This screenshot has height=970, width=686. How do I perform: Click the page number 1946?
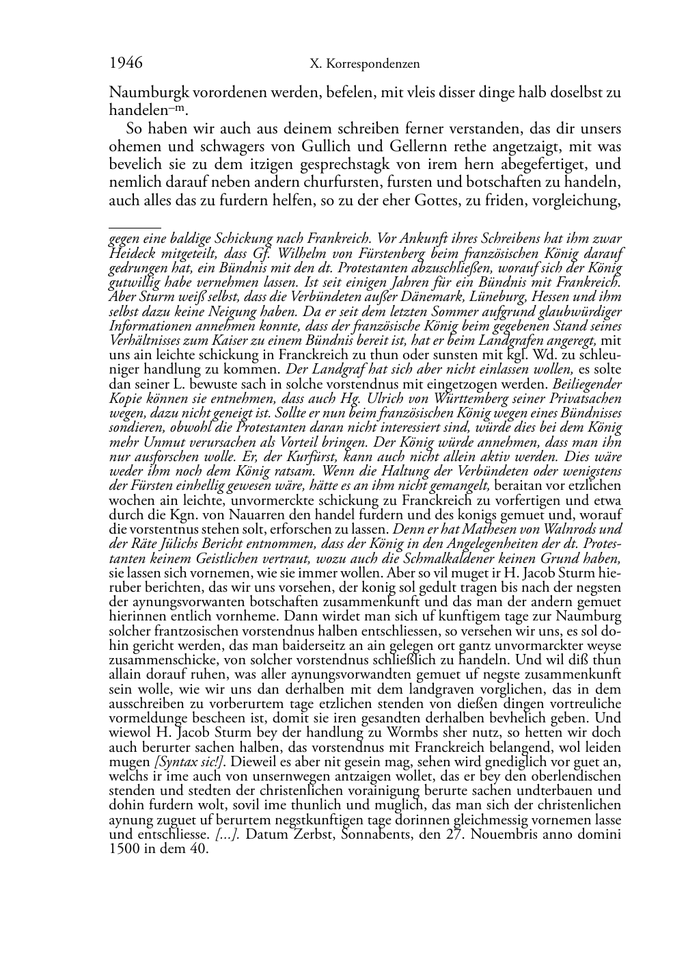click(126, 64)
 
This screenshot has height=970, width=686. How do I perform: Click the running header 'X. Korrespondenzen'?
click(364, 64)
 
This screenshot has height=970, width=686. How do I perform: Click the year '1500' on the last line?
click(124, 849)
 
